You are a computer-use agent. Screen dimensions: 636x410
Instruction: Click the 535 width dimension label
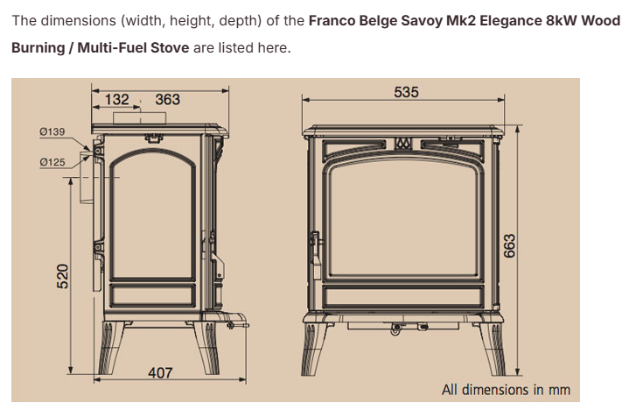[x=406, y=92]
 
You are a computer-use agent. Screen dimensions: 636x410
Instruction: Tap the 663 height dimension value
[x=509, y=245]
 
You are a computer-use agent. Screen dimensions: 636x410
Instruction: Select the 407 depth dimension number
[x=160, y=372]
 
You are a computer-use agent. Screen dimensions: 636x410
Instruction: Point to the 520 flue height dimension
[x=62, y=276]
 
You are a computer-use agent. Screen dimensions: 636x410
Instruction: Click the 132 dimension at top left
[x=117, y=99]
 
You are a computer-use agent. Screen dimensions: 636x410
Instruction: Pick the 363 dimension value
[x=167, y=99]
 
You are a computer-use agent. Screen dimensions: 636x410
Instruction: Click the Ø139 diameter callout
[x=52, y=131]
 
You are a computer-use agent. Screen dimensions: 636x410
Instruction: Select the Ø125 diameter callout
[x=52, y=162]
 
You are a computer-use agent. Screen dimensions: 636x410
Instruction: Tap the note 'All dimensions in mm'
[x=506, y=390]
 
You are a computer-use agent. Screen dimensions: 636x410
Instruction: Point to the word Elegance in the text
[x=511, y=21]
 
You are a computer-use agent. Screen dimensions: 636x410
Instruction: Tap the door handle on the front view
[x=315, y=248]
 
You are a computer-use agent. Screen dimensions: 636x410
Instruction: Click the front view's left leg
[x=313, y=349]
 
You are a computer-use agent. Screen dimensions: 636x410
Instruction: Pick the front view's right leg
[x=492, y=349]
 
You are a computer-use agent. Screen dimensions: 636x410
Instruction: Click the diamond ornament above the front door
[x=402, y=143]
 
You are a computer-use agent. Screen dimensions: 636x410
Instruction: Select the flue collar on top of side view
[x=139, y=118]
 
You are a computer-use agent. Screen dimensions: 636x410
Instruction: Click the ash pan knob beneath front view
[x=396, y=329]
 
